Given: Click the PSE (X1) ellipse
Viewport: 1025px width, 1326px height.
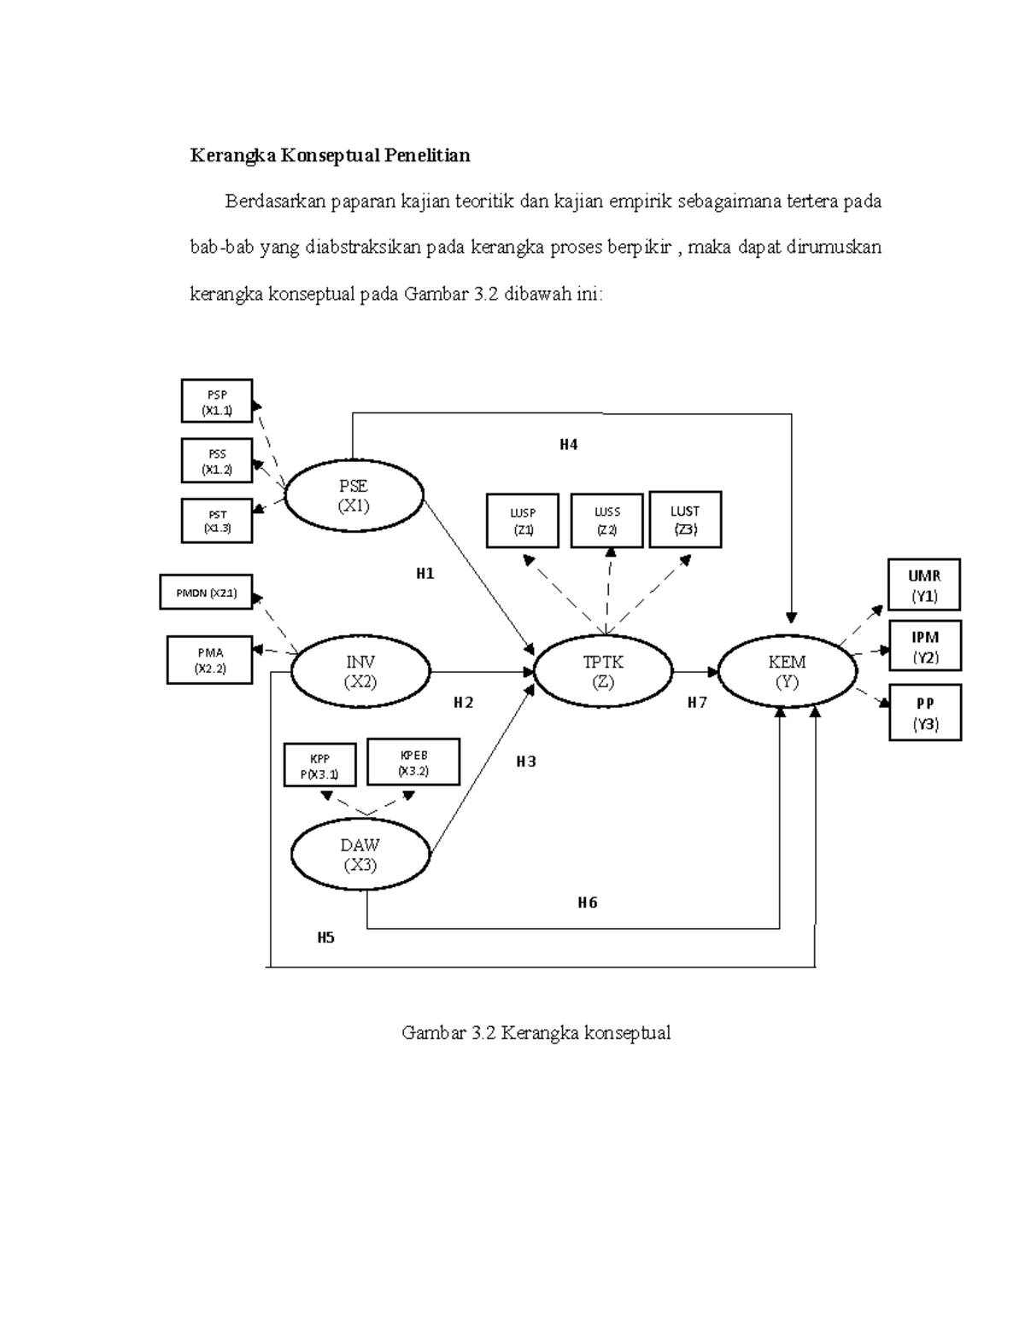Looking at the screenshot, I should coord(354,496).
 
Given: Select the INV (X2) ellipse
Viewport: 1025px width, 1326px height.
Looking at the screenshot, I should coord(360,672).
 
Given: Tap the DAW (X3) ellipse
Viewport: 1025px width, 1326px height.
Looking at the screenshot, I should coord(360,855).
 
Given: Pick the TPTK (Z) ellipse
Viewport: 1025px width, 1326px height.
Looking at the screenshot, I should coord(603,672).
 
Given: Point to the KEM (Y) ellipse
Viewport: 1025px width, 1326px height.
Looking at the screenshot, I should coord(787,672).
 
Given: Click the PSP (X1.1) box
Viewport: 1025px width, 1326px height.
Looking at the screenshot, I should coord(217,401).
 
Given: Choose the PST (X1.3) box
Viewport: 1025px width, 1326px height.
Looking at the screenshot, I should coord(217,521).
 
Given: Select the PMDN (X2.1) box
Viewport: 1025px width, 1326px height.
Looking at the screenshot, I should coord(206,592).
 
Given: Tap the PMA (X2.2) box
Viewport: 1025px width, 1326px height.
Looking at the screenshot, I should coord(209,660).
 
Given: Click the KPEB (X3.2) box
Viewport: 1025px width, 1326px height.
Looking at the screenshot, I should coord(413,762).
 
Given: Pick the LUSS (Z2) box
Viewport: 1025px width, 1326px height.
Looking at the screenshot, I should coord(607,520).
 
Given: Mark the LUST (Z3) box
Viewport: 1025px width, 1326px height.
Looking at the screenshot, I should coord(685,519).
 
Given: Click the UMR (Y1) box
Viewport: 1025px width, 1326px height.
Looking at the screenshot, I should coord(924,585).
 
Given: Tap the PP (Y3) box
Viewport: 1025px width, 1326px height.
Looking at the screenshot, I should coord(925,713).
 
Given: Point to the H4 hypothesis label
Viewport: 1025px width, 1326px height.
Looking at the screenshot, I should coord(569,444).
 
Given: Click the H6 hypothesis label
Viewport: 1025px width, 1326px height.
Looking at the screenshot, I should coord(587,902).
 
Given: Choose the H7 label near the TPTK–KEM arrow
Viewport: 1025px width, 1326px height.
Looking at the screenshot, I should coord(698,703).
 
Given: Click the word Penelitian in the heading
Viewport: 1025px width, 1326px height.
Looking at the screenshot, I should coord(427,155).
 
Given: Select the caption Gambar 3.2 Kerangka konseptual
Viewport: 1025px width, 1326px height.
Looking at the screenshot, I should coord(536,1033).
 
